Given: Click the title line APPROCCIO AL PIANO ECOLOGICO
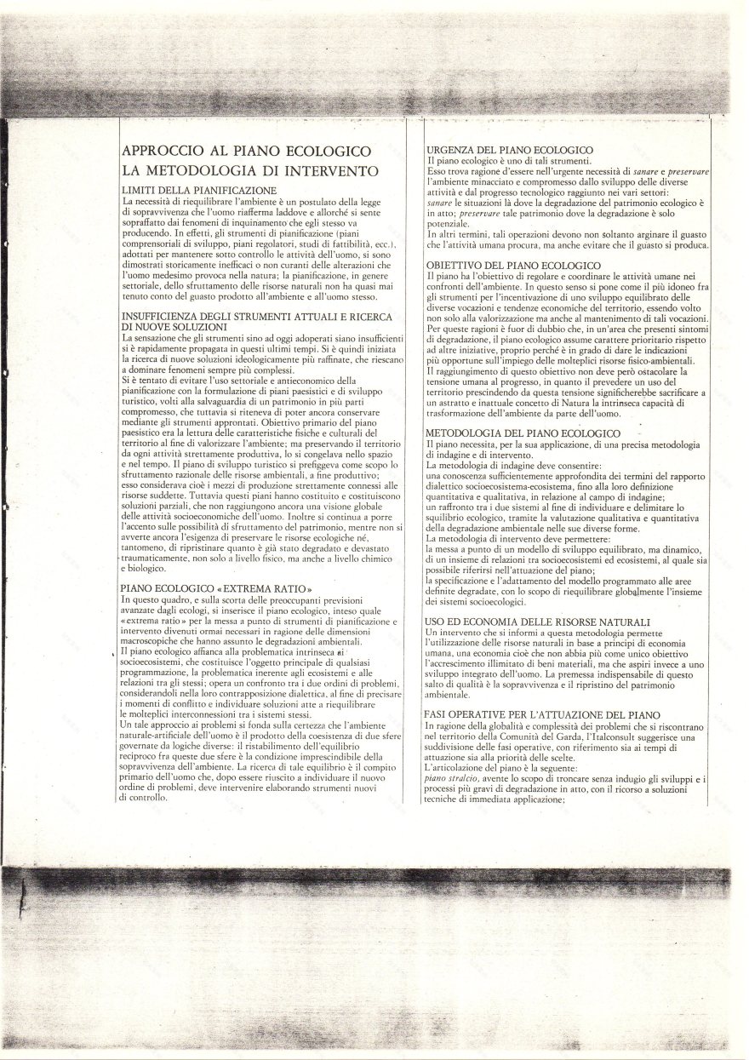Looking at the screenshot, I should pyautogui.click(x=247, y=152).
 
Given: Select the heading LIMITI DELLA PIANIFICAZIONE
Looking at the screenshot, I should pyautogui.click(x=199, y=189).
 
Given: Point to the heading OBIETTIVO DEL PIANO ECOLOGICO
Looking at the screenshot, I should pyautogui.click(x=512, y=266).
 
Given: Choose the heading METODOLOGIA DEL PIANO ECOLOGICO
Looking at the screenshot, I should pyautogui.click(x=523, y=433).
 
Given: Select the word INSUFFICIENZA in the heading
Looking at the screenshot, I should pyautogui.click(x=163, y=317).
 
